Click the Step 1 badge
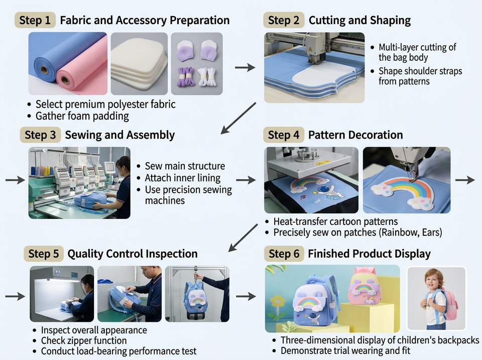pyautogui.click(x=35, y=20)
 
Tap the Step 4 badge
pyautogui.click(x=284, y=135)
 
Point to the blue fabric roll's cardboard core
pyautogui.click(x=44, y=70)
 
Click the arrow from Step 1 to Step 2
pyautogui.click(x=245, y=67)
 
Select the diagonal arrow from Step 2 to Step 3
pyautogui.click(x=238, y=118)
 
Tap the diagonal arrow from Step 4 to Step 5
pyautogui.click(x=243, y=237)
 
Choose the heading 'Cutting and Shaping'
pyautogui.click(x=359, y=20)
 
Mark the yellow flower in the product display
pyautogui.click(x=278, y=301)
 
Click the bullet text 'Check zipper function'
pyautogui.click(x=84, y=340)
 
